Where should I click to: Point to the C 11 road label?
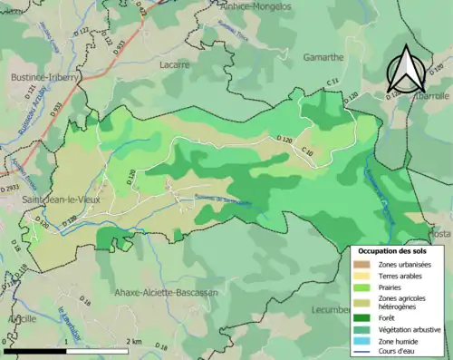coord(333,83)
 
